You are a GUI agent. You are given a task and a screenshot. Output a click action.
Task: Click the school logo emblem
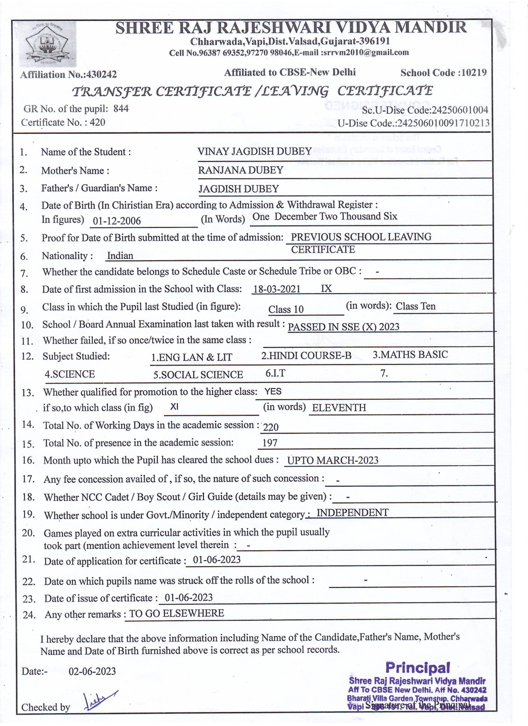(48, 44)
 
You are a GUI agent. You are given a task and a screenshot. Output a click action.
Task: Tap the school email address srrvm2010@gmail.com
(365, 52)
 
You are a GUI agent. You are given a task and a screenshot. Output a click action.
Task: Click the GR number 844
(121, 109)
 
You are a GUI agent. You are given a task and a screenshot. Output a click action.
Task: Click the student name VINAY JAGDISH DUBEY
(255, 152)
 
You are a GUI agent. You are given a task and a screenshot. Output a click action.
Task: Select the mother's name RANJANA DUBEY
(240, 170)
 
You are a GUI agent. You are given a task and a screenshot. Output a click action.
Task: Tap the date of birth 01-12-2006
(116, 221)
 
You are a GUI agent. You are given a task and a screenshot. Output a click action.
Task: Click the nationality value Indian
(120, 256)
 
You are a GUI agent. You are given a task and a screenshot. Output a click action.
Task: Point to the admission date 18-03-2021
(277, 289)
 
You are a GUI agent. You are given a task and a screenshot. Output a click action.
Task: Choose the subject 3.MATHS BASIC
(410, 355)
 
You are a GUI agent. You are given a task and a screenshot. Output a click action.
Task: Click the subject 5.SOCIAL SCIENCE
(198, 375)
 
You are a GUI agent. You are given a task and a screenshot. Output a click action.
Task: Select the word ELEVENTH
(339, 407)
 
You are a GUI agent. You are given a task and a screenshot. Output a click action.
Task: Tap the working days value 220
(271, 427)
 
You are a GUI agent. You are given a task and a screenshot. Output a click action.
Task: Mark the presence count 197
(270, 443)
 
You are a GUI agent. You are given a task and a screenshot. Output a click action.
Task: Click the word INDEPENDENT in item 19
(352, 512)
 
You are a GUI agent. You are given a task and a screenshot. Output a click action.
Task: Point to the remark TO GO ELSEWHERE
(176, 613)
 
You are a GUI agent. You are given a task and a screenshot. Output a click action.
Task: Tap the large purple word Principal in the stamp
(417, 667)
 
